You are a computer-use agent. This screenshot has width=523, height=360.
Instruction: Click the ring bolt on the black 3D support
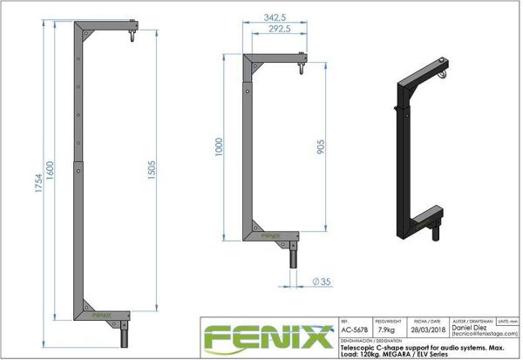point(446,76)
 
